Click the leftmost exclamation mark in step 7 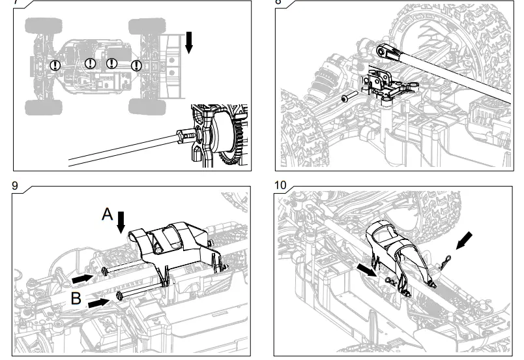coord(56,65)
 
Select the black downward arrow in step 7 coord(189,42)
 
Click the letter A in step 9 coord(108,213)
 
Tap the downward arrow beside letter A coord(121,222)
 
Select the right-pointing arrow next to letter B coord(98,302)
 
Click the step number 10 coord(280,186)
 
